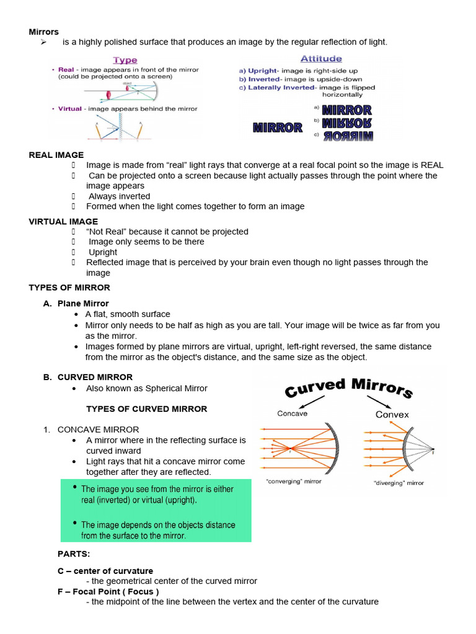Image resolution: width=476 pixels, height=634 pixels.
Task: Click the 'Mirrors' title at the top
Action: (x=44, y=32)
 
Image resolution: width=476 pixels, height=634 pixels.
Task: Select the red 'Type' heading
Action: (x=125, y=60)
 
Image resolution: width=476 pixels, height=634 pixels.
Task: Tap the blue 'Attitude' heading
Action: (x=320, y=59)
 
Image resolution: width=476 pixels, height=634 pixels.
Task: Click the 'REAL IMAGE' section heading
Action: (x=56, y=155)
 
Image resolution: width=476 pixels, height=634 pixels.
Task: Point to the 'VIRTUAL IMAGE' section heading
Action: (x=63, y=221)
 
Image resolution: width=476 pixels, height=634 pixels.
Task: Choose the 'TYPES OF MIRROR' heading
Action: (x=69, y=287)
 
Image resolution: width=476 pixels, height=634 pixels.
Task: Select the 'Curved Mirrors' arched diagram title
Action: (x=348, y=388)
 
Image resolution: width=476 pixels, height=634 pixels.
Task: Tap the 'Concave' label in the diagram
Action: (x=292, y=413)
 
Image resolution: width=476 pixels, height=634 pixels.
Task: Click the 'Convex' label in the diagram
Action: (x=392, y=414)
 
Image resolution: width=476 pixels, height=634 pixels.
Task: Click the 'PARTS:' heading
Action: (x=74, y=553)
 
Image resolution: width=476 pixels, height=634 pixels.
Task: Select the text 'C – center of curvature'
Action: (x=105, y=571)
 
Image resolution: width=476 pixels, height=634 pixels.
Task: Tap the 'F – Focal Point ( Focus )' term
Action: (x=108, y=591)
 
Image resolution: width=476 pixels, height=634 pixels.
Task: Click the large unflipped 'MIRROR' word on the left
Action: (x=278, y=128)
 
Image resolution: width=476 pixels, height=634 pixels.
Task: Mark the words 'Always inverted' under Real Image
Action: (x=119, y=196)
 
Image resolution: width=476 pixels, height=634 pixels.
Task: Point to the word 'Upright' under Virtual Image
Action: (x=103, y=252)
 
